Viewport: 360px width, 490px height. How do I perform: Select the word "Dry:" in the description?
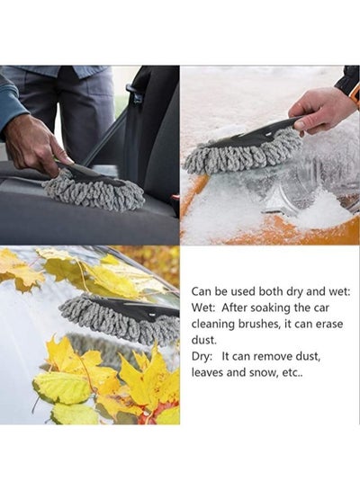point(202,357)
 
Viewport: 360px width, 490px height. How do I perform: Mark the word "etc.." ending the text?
point(292,372)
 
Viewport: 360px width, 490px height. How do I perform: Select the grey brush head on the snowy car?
point(242,153)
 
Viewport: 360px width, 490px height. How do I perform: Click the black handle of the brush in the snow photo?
point(259,133)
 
